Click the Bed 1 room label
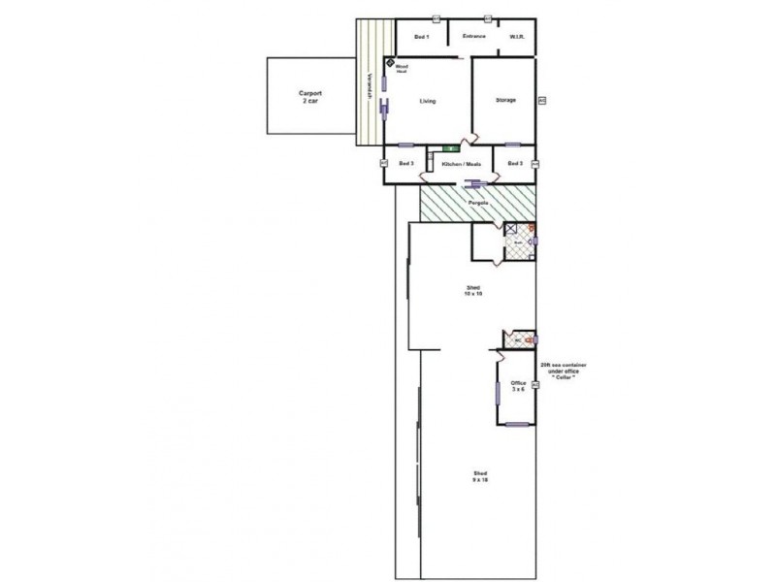click(x=421, y=37)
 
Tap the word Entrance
click(x=473, y=37)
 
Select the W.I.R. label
click(x=517, y=38)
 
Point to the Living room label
click(x=428, y=101)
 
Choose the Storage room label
click(x=505, y=100)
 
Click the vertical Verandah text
click(x=370, y=90)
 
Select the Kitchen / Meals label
click(x=461, y=164)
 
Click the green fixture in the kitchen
click(x=450, y=148)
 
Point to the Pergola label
click(x=477, y=204)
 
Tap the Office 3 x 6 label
click(x=518, y=386)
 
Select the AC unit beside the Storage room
click(x=541, y=100)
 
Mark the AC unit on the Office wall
click(x=535, y=385)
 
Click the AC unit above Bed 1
click(x=437, y=16)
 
